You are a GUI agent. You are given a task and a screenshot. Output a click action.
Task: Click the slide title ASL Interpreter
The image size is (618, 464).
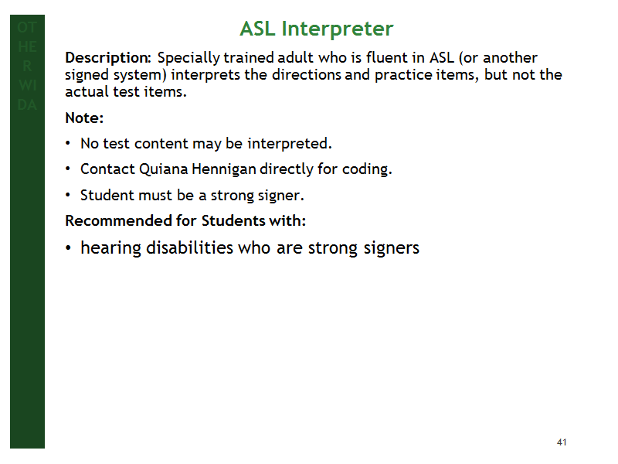[x=317, y=29]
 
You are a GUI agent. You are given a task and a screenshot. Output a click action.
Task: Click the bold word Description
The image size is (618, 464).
[x=107, y=59]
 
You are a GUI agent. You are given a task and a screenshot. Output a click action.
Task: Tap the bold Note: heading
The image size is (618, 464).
[x=84, y=118]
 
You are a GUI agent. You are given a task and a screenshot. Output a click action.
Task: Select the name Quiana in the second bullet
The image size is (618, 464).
[x=164, y=169]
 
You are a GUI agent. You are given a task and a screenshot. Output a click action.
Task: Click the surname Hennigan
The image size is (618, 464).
[x=224, y=169]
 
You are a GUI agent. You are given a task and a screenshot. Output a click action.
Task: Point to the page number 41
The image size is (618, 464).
[x=562, y=442]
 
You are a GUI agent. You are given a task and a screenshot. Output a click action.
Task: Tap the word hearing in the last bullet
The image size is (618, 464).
[x=110, y=248]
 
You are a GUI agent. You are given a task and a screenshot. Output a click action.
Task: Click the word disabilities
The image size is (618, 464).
[x=189, y=247]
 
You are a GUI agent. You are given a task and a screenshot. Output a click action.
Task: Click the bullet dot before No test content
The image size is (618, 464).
[x=68, y=143]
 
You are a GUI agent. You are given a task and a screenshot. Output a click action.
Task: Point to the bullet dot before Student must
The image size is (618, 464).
[x=68, y=195]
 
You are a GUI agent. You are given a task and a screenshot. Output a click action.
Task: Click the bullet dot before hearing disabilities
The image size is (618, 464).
[x=68, y=248]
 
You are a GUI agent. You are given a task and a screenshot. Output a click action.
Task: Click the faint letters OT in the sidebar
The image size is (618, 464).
[x=27, y=27]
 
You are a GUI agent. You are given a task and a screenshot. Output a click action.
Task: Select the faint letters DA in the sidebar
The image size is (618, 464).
[x=27, y=104]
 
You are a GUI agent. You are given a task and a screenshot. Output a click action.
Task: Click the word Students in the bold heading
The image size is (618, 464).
[x=233, y=220]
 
